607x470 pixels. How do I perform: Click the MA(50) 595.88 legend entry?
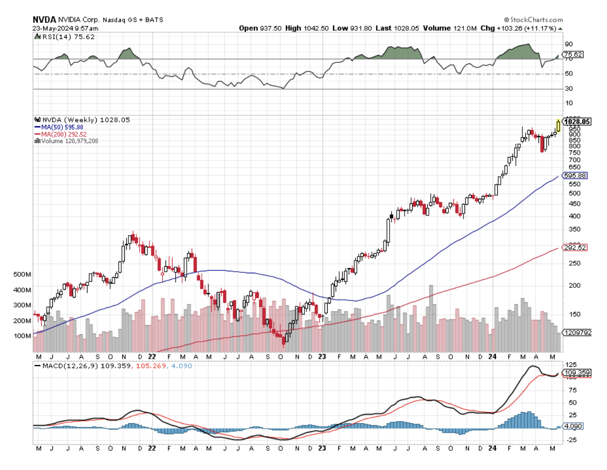pyautogui.click(x=62, y=127)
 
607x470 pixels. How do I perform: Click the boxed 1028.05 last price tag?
pyautogui.click(x=577, y=122)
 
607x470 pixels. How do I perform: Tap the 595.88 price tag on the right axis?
pyautogui.click(x=575, y=176)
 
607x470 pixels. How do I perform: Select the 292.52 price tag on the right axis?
pyautogui.click(x=575, y=248)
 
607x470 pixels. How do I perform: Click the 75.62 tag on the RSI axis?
pyautogui.click(x=573, y=54)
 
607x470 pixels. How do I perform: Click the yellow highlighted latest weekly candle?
pyautogui.click(x=558, y=125)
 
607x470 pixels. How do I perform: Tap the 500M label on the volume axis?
pyautogui.click(x=22, y=275)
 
